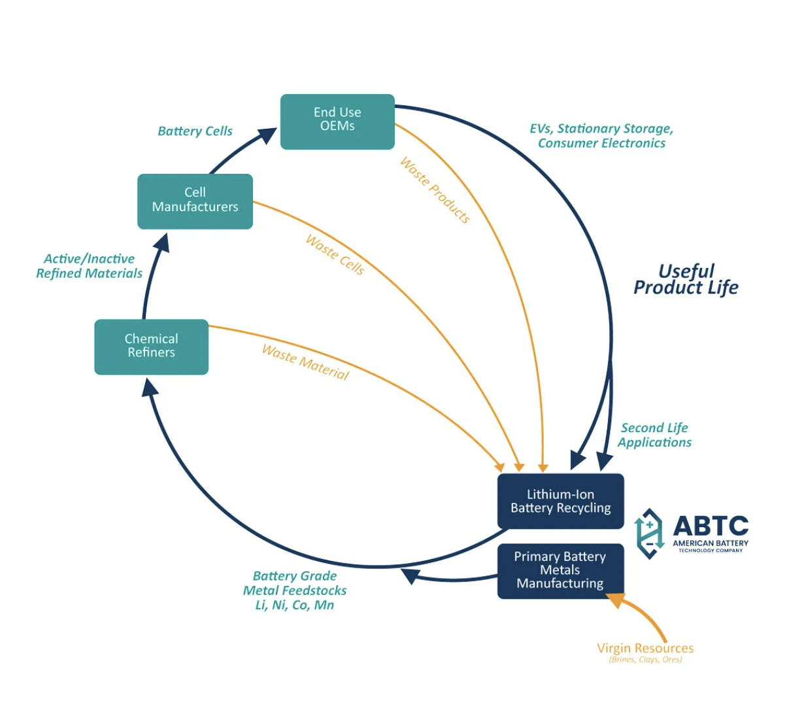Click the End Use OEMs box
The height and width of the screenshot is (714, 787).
337,122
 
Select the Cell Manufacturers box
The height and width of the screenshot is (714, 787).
195,201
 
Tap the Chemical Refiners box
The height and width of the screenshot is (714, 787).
151,347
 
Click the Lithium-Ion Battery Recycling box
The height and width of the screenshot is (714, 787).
560,501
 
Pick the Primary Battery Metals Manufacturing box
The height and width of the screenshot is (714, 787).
560,571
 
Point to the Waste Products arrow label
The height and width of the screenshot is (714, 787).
435,190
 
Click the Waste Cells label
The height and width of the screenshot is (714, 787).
335,255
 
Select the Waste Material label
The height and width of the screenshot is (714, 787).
305,362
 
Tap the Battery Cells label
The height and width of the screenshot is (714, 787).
195,131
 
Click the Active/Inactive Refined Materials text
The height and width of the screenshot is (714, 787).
89,267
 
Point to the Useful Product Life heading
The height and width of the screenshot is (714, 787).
686,280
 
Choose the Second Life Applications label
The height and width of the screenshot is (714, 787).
654,435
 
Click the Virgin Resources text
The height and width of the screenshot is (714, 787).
645,648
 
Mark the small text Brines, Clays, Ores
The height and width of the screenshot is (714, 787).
645,660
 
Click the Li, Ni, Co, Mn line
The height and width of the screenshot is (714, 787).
294,605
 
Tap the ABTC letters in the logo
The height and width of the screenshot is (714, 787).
711,526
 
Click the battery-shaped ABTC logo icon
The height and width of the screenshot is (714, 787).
649,534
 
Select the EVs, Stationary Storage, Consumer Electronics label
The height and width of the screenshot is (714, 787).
601,136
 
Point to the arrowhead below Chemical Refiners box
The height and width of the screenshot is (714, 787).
150,389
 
